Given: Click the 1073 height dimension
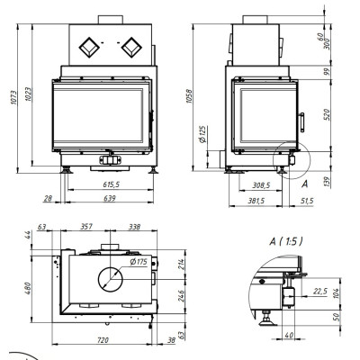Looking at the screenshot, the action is pos(13,97).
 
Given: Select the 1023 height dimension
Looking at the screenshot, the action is pos(28,94).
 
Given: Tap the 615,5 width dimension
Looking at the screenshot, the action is pos(111,184).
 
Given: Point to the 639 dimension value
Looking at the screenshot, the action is pos(110,198).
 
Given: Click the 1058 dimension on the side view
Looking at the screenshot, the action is pos(189,96).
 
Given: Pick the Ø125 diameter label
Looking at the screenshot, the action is pos(203,134).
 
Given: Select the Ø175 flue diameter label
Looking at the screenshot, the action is pos(139,262).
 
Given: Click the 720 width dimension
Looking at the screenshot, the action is pos(103,340).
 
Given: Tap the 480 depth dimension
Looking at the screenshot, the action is pos(28,288).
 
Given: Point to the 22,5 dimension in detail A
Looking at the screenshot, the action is pos(320,292).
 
